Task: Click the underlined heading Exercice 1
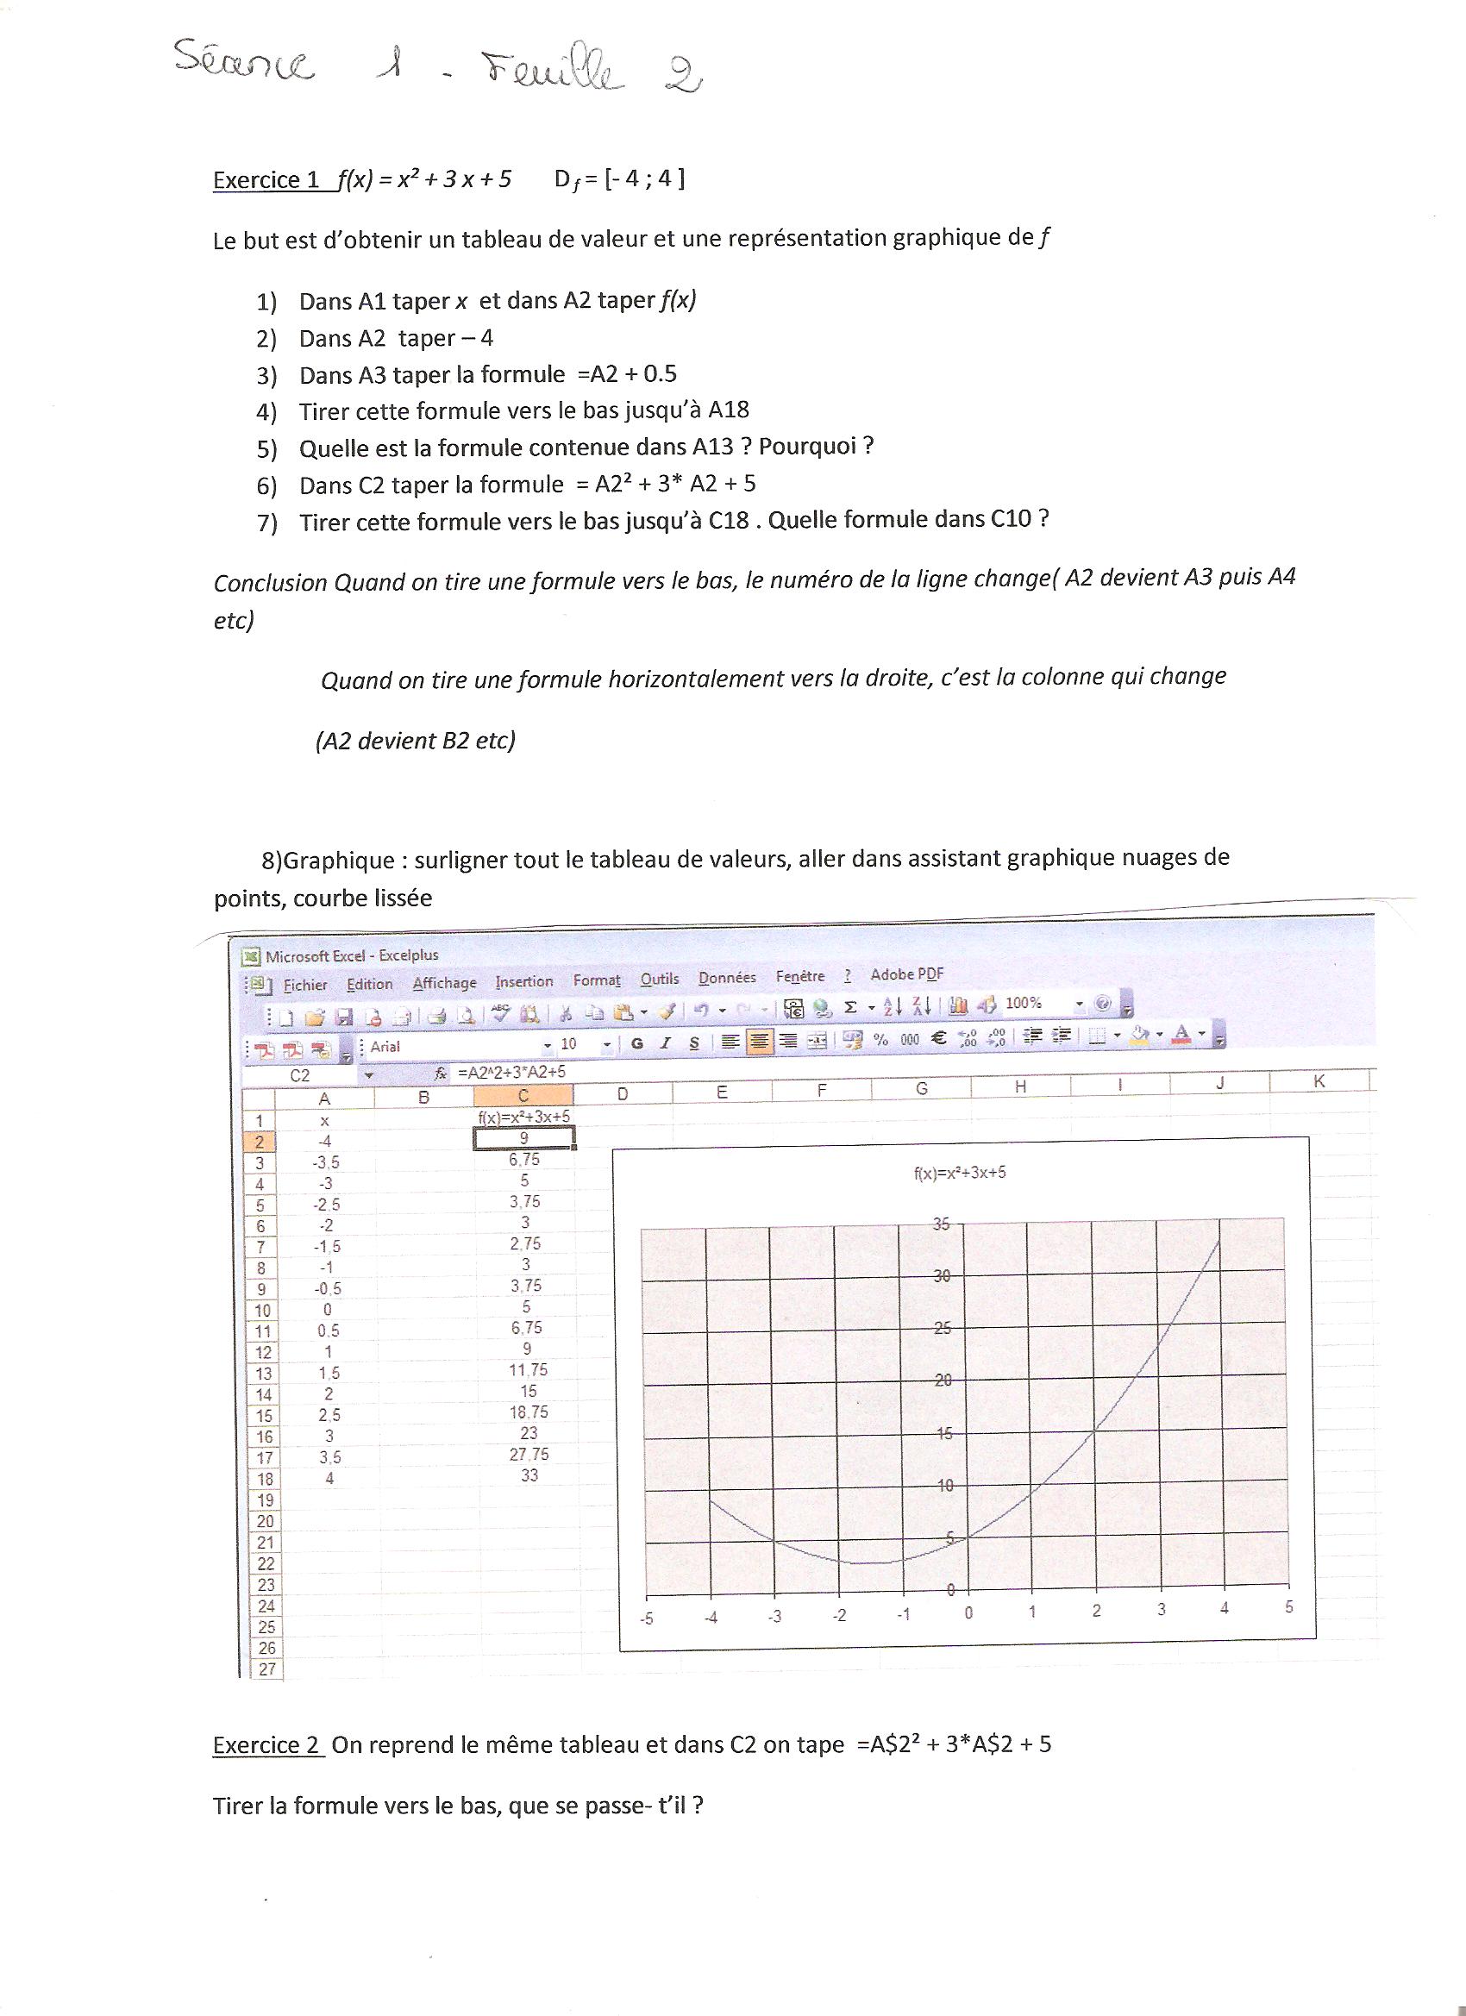point(266,180)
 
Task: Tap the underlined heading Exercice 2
point(266,1745)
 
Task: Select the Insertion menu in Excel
point(523,981)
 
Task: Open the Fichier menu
point(305,985)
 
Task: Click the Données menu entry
point(726,978)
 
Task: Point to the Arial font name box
point(454,1046)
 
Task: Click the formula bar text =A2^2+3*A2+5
point(511,1072)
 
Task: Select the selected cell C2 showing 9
point(523,1139)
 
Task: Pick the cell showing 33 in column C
point(529,1475)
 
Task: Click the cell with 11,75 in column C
point(528,1370)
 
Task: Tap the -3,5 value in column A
point(325,1162)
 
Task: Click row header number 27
point(266,1669)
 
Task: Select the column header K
point(1319,1082)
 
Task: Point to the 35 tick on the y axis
point(941,1225)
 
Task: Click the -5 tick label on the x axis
point(646,1618)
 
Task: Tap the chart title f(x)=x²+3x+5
point(959,1173)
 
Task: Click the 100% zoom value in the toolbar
point(1023,1003)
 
